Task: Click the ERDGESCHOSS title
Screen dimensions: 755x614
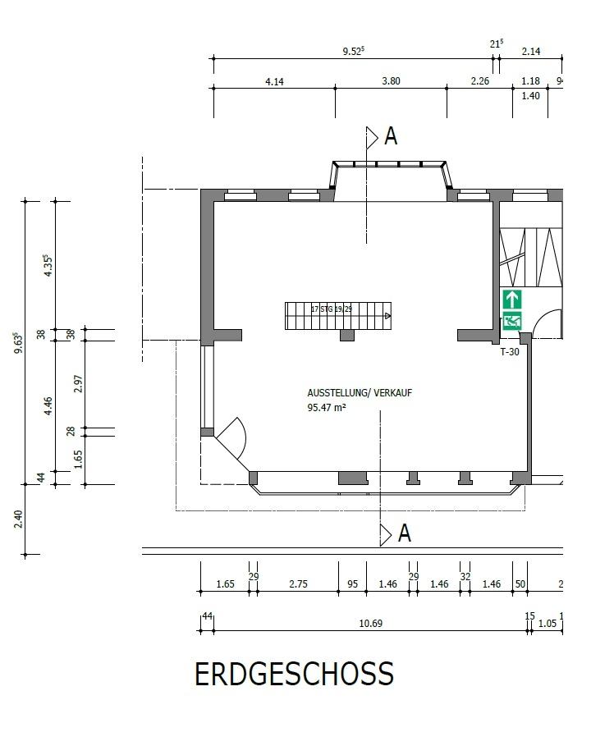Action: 294,675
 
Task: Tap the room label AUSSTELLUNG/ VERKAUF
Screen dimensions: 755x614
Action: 360,393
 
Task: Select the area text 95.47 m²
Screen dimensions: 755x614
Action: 326,406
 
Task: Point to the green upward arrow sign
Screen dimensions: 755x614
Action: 512,299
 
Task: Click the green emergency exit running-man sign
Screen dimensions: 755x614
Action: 512,321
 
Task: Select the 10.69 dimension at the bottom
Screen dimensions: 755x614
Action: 371,623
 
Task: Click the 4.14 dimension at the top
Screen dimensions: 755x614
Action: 274,81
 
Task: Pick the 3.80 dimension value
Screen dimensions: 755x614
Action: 391,81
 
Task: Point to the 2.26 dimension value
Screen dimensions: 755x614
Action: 479,81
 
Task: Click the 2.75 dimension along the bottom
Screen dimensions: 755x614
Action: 297,583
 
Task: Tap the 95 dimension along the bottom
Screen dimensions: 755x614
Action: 352,583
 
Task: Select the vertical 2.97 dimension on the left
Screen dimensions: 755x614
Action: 79,383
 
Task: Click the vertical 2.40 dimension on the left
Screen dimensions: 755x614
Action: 19,519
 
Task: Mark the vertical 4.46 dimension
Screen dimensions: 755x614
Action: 48,405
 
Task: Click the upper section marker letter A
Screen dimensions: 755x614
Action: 391,136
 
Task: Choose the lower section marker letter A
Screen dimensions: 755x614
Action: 404,533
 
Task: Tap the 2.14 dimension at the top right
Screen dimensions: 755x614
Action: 531,52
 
